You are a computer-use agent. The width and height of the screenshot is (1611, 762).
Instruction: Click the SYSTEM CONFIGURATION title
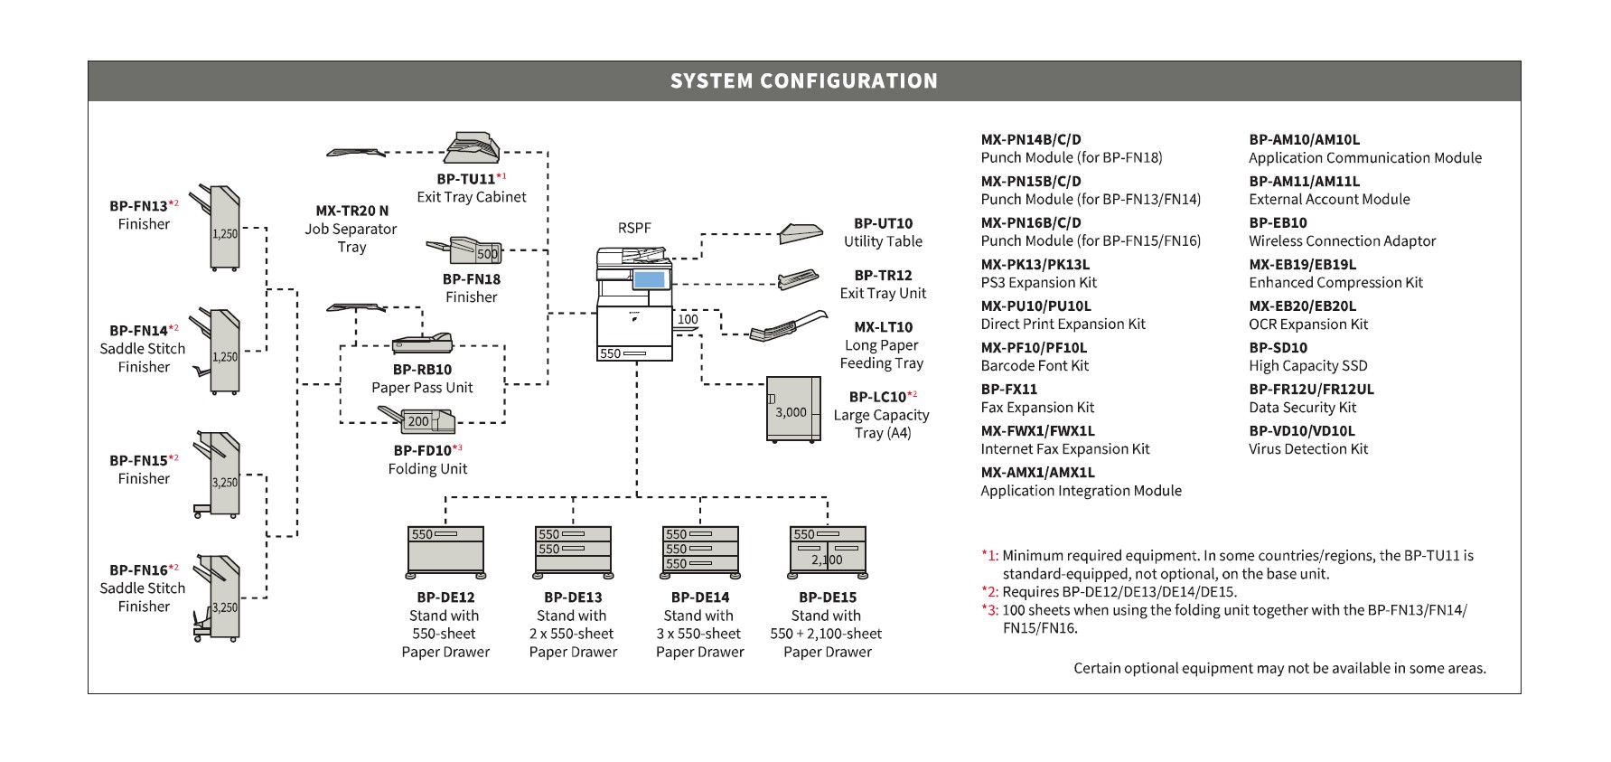804,81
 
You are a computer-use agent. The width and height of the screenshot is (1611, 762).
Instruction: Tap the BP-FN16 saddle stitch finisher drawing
218,598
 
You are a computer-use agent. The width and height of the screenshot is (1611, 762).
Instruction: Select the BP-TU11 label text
465,179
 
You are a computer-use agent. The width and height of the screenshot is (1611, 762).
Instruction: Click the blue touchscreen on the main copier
649,279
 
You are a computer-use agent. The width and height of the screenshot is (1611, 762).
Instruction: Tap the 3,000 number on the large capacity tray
791,412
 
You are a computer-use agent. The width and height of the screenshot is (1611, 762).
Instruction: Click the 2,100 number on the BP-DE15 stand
827,560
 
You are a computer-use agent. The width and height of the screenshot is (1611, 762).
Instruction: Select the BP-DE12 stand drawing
445,552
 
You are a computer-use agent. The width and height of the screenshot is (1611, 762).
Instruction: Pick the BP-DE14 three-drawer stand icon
700,552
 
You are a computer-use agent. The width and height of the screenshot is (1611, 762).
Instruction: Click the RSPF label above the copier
634,228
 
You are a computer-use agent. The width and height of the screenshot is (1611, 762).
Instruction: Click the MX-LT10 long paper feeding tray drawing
788,325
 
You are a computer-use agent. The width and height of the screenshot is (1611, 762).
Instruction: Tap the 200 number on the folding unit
418,421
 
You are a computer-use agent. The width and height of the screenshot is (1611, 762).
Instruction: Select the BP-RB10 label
422,370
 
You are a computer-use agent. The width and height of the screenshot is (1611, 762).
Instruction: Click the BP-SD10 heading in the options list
1278,348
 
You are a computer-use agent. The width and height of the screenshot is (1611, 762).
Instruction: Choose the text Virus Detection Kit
1308,449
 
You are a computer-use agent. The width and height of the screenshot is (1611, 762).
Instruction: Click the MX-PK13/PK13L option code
1035,265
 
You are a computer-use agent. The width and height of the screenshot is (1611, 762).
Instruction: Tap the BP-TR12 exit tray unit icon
798,279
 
